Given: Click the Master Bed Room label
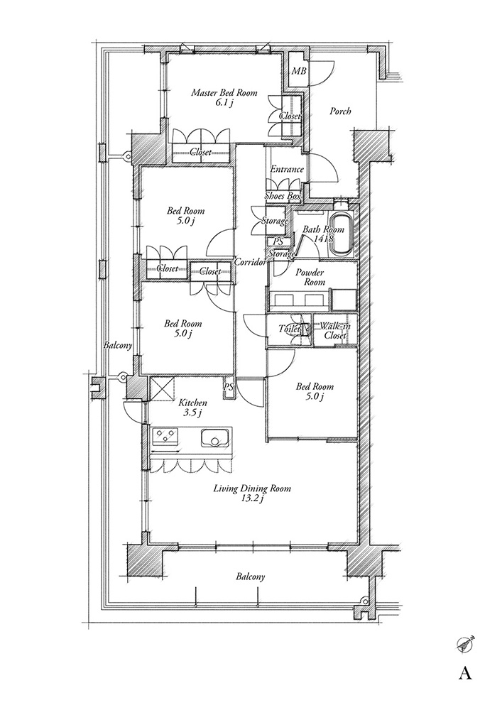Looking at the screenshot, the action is tap(224, 97).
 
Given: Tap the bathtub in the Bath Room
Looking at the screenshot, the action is tap(342, 234).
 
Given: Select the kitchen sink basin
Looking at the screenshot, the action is tap(215, 438).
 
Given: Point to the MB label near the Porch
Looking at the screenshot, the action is tap(298, 71).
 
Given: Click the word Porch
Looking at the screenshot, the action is tap(340, 111).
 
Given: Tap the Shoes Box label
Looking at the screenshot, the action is tap(283, 196).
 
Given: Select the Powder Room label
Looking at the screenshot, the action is tap(310, 277).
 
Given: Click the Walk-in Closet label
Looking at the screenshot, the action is tap(335, 331).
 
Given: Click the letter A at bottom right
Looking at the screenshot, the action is tap(465, 674).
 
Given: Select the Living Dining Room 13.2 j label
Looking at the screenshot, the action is tap(251, 493).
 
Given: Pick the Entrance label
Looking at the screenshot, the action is tap(287, 170).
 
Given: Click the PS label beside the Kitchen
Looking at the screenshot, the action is tap(228, 387).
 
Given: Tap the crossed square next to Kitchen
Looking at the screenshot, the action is tap(161, 388).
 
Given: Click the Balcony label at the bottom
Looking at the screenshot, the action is tap(250, 577).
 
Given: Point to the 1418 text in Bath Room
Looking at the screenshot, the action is tap(323, 239).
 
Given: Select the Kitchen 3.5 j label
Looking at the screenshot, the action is tap(193, 408).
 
